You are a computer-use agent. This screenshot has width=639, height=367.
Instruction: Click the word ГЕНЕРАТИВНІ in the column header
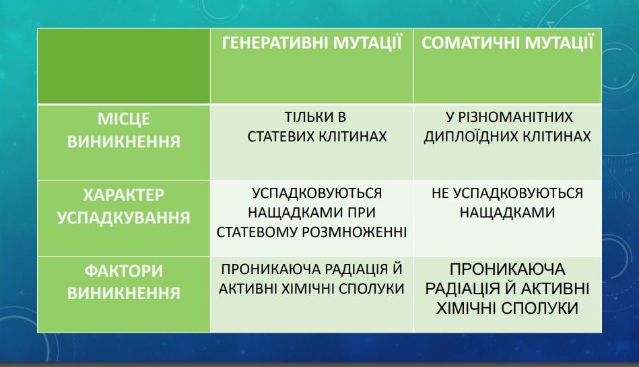point(275,43)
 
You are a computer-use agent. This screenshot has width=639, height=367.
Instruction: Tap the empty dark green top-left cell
point(123,66)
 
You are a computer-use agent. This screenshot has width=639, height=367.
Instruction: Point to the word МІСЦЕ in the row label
point(123,119)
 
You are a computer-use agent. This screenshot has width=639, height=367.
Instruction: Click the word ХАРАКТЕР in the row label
point(123,195)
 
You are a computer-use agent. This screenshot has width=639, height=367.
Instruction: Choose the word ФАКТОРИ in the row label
point(123,271)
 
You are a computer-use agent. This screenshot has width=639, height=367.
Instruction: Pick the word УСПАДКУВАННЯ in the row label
point(123,218)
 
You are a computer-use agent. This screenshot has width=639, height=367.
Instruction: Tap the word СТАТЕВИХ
point(281,137)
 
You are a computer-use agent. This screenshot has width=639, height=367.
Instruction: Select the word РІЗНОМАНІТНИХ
point(515,117)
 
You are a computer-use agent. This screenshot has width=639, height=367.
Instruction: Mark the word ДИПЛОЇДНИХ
point(465,137)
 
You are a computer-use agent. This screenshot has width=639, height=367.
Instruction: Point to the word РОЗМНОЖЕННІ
point(354,232)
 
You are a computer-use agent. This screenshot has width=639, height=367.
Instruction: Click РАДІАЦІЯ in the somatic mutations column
point(462,289)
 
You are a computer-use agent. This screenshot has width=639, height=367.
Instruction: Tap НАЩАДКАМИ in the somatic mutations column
point(508,213)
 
